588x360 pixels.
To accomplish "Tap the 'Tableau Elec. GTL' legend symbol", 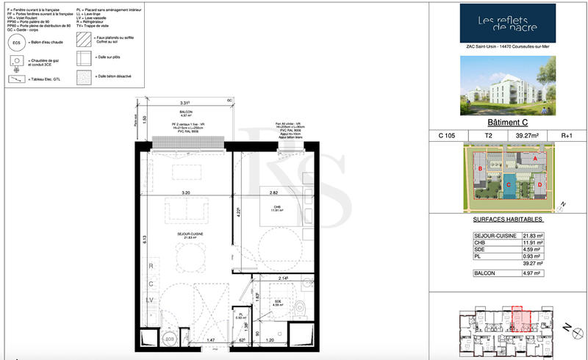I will click(x=16, y=79).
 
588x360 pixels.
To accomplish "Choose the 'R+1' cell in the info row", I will click(x=567, y=135).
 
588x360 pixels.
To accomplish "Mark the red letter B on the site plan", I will click(x=480, y=170).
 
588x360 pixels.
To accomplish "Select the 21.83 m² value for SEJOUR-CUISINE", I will click(x=533, y=235).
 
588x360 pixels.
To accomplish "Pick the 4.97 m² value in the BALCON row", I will click(x=533, y=273).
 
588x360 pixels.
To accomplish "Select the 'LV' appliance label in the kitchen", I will click(x=151, y=300).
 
